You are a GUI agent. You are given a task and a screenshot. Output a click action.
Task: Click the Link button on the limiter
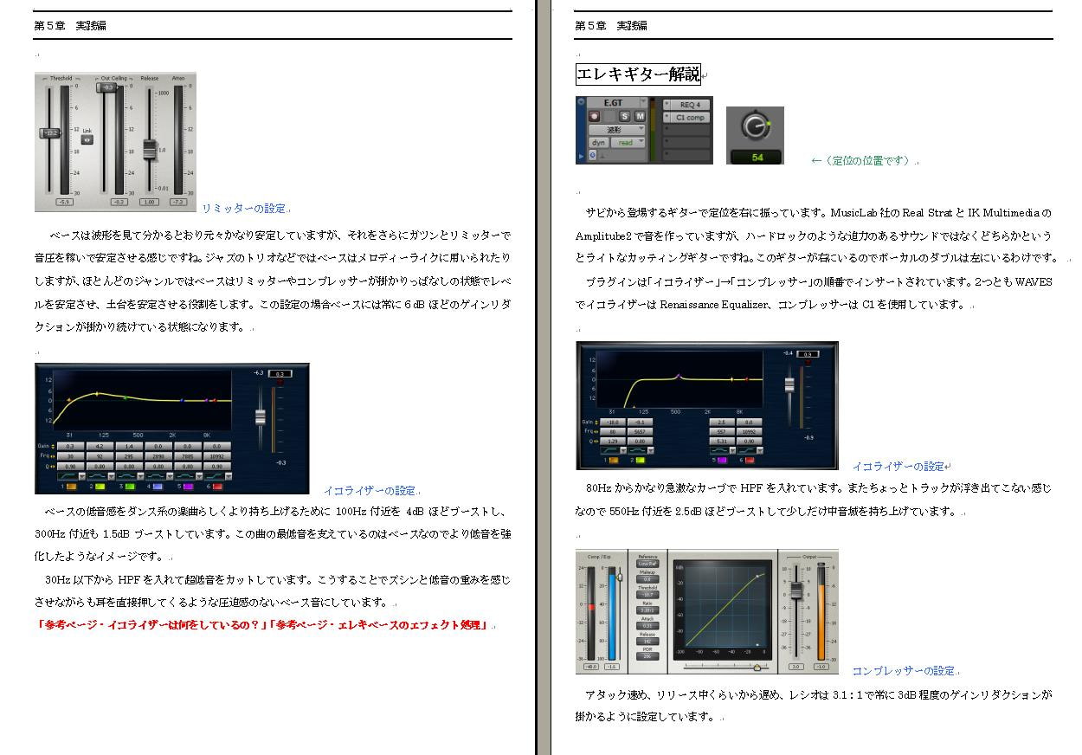click(x=87, y=139)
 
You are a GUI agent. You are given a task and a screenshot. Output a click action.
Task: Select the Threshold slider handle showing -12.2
click(x=51, y=132)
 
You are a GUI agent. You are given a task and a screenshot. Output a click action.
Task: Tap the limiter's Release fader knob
click(x=149, y=150)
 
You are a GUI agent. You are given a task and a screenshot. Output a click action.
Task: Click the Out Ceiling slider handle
click(x=107, y=87)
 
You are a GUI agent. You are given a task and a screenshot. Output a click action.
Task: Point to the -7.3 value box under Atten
click(x=177, y=202)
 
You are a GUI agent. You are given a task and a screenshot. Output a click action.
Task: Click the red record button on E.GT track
click(x=595, y=116)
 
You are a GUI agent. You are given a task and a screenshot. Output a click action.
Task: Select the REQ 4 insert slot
click(x=689, y=105)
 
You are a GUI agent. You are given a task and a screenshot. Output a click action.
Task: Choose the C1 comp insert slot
click(x=690, y=118)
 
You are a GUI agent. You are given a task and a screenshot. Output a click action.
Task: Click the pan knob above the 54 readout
click(x=755, y=127)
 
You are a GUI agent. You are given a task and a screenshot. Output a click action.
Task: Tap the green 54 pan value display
click(x=757, y=158)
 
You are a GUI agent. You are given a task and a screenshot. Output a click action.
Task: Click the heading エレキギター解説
click(x=638, y=74)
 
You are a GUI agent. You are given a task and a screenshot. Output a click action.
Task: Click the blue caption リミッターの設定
click(x=243, y=209)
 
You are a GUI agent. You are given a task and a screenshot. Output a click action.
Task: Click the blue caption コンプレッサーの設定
click(x=904, y=671)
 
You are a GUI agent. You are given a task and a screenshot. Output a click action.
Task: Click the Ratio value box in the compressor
click(x=647, y=610)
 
